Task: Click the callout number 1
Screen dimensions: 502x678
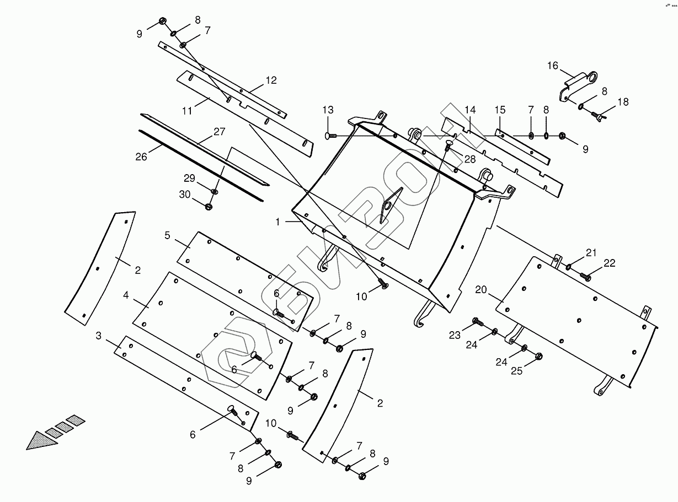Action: click(279, 222)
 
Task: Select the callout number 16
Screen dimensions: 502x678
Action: click(552, 66)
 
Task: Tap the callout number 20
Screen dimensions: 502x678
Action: click(481, 290)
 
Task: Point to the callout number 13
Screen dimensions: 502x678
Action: click(328, 110)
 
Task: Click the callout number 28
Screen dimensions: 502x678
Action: click(469, 159)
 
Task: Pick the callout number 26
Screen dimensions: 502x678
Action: click(141, 156)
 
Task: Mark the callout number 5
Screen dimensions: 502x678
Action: click(167, 235)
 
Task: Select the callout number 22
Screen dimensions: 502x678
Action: click(609, 264)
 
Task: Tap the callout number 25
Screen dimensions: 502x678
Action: click(516, 371)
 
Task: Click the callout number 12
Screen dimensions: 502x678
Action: click(271, 80)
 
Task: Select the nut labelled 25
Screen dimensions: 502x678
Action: click(539, 356)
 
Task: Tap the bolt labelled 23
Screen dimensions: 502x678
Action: click(477, 321)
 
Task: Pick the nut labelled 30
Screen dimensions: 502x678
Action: click(209, 207)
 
